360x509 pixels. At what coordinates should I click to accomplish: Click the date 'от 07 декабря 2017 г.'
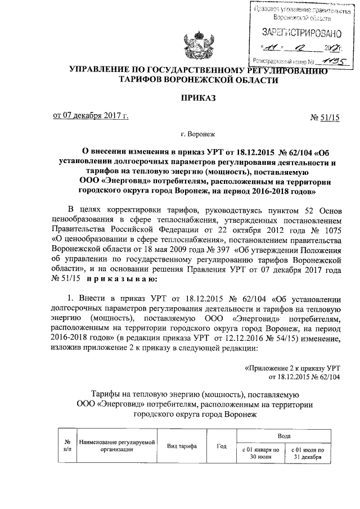[x=91, y=116]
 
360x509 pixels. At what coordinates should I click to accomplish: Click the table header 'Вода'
[x=284, y=436]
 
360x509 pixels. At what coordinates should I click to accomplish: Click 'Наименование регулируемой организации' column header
[x=117, y=447]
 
